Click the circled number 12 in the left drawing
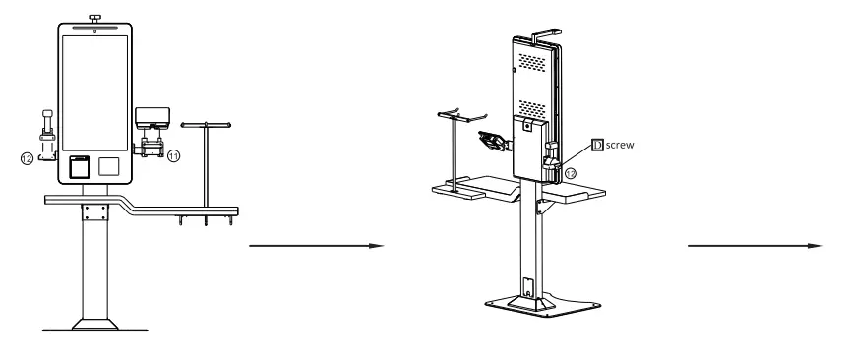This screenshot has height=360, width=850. [28, 156]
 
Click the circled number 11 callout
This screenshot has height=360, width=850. [173, 155]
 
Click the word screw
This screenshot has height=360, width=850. [619, 145]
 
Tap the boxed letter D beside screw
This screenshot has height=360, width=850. [595, 145]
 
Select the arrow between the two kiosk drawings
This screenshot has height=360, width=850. [315, 247]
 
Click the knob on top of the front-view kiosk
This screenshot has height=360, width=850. [94, 17]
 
